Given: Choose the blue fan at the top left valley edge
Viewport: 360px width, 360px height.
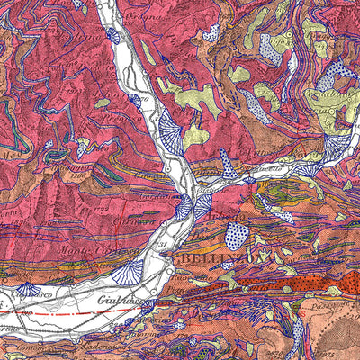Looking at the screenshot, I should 112,36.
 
